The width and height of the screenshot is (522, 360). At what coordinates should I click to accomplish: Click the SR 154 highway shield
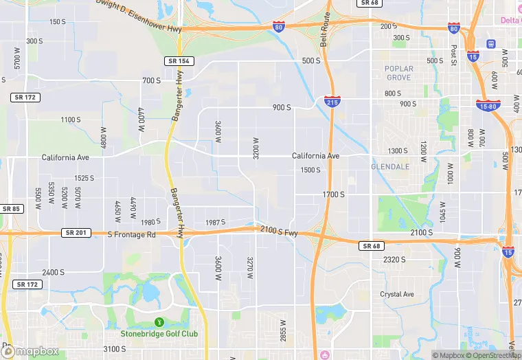pyautogui.click(x=179, y=61)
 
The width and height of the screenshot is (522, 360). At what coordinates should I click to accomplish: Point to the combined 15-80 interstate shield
pyautogui.click(x=488, y=104)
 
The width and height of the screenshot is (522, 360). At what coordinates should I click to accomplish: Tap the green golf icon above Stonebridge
pyautogui.click(x=160, y=322)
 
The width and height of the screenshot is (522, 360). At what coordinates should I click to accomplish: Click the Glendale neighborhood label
pyautogui.click(x=389, y=167)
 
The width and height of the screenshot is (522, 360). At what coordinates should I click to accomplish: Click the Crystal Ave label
pyautogui.click(x=398, y=295)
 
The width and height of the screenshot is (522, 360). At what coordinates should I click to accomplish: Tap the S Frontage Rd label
pyautogui.click(x=132, y=235)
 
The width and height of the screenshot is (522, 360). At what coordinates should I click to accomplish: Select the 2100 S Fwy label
pyautogui.click(x=279, y=233)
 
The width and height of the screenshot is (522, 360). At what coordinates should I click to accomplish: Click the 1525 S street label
pyautogui.click(x=84, y=178)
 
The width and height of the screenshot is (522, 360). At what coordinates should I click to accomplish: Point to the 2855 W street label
pyautogui.click(x=282, y=329)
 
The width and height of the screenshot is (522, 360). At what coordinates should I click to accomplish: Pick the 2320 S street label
pyautogui.click(x=394, y=260)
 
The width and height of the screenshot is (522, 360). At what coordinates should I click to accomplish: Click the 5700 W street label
pyautogui.click(x=17, y=62)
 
